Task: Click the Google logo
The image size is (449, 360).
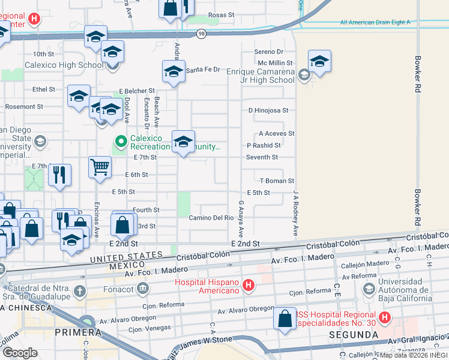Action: pyautogui.click(x=20, y=352)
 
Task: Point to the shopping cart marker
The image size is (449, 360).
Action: pyautogui.click(x=100, y=167)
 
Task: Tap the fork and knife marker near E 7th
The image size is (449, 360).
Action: pyautogui.click(x=59, y=175)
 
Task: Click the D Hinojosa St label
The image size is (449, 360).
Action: pyautogui.click(x=268, y=110)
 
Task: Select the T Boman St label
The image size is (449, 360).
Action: pyautogui.click(x=277, y=181)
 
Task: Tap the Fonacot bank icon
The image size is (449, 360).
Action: pyautogui.click(x=143, y=289)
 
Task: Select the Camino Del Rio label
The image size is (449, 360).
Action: pyautogui.click(x=211, y=218)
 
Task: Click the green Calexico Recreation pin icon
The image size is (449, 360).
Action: pyautogui.click(x=121, y=142)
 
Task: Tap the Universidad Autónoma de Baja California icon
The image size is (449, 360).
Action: pyautogui.click(x=369, y=289)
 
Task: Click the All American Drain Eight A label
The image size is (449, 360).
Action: pyautogui.click(x=375, y=22)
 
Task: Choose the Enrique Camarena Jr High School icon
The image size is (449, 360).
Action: pyautogui.click(x=304, y=75)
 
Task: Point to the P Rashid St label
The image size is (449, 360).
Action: pyautogui.click(x=264, y=145)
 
